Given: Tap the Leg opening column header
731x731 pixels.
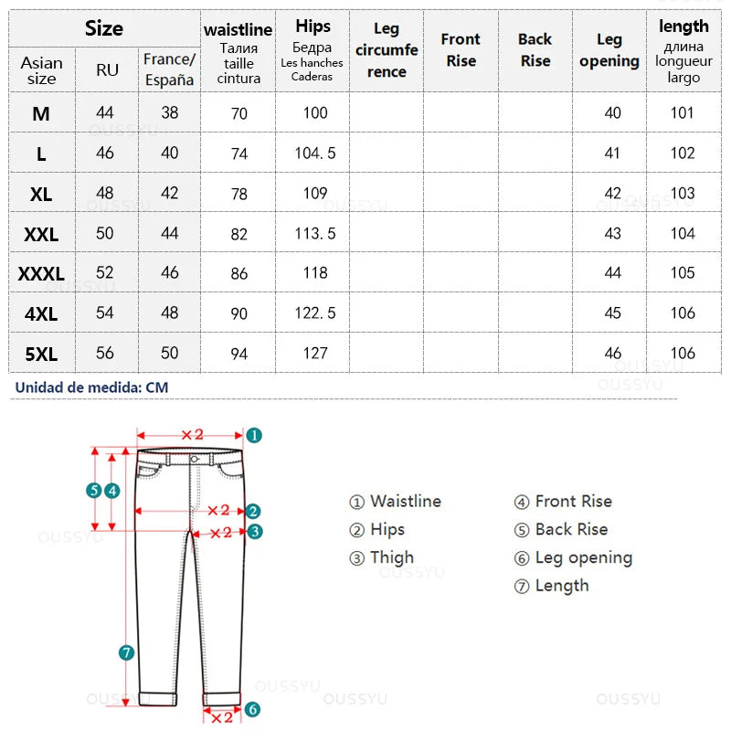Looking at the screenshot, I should (x=609, y=50).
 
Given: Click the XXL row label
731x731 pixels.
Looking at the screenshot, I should (x=41, y=234).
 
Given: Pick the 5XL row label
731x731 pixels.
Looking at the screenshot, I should (x=41, y=354).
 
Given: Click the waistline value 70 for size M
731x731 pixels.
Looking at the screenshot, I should (x=239, y=113).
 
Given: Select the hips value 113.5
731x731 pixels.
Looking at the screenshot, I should (x=315, y=233).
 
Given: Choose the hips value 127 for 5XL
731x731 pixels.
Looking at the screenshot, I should (x=315, y=354).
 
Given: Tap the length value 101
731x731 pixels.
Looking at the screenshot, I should (x=683, y=113).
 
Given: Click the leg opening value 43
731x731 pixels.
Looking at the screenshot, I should (x=612, y=234).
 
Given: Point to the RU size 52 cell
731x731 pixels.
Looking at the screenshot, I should (x=105, y=273).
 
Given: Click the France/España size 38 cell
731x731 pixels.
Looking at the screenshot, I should (x=170, y=113).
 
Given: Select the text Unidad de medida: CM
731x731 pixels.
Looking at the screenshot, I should (x=91, y=387).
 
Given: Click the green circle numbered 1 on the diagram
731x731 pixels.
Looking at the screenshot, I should (x=255, y=436).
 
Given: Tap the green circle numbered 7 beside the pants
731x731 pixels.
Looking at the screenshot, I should (x=127, y=652).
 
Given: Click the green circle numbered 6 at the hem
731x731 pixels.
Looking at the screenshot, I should (x=253, y=709).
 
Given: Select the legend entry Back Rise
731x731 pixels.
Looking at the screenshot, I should (x=571, y=529).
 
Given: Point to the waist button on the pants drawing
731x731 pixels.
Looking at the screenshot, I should (x=196, y=459).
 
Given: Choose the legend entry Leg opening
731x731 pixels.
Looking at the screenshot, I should (x=583, y=557).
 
